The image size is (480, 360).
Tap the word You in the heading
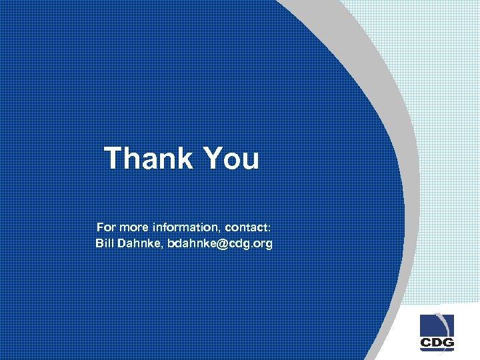[230, 159]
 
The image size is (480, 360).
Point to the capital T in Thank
[114, 159]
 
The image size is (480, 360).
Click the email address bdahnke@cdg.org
[220, 243]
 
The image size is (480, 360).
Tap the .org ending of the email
[261, 243]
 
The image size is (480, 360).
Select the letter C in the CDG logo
[426, 343]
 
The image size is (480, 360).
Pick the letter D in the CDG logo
[437, 343]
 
